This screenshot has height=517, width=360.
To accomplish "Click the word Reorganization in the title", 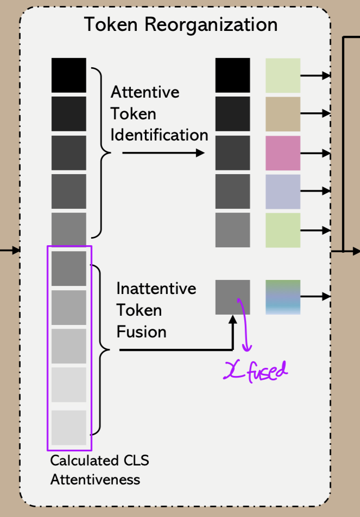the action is click(x=217, y=25).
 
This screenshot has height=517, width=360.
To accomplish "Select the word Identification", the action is click(x=159, y=135).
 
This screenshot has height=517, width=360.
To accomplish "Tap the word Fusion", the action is click(x=141, y=331).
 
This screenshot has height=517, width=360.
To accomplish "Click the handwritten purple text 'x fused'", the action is click(x=256, y=372).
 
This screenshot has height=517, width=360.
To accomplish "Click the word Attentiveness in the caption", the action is click(x=95, y=480).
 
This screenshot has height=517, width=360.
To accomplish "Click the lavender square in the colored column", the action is click(x=283, y=192).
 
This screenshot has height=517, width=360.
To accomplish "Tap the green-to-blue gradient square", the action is click(x=283, y=297).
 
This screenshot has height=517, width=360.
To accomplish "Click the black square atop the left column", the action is click(x=69, y=75).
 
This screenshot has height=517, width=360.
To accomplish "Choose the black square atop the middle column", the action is click(x=233, y=75).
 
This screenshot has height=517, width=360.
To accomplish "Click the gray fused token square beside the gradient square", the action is click(x=233, y=297).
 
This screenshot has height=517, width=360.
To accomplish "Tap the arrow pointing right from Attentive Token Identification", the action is click(x=163, y=154).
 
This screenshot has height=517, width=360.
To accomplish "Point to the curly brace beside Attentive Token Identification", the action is click(x=100, y=153).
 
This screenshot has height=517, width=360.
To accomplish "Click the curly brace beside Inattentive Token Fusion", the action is click(x=100, y=350).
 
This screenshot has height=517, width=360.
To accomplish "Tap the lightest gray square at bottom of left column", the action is click(x=69, y=427).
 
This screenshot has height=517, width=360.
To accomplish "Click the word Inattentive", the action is click(x=156, y=288).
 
